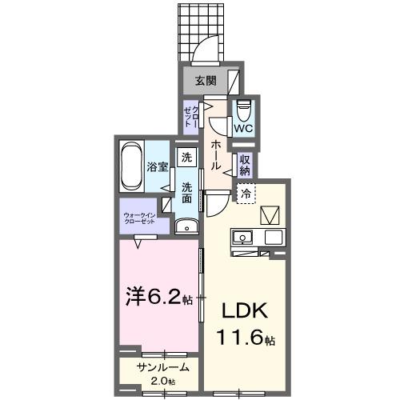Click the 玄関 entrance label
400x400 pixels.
[x=205, y=80]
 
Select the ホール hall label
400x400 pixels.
[x=217, y=153]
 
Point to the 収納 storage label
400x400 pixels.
[x=246, y=164]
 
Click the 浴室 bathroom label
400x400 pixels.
[x=157, y=167]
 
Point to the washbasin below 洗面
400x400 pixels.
[x=186, y=226]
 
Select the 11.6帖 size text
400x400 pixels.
[x=243, y=339]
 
